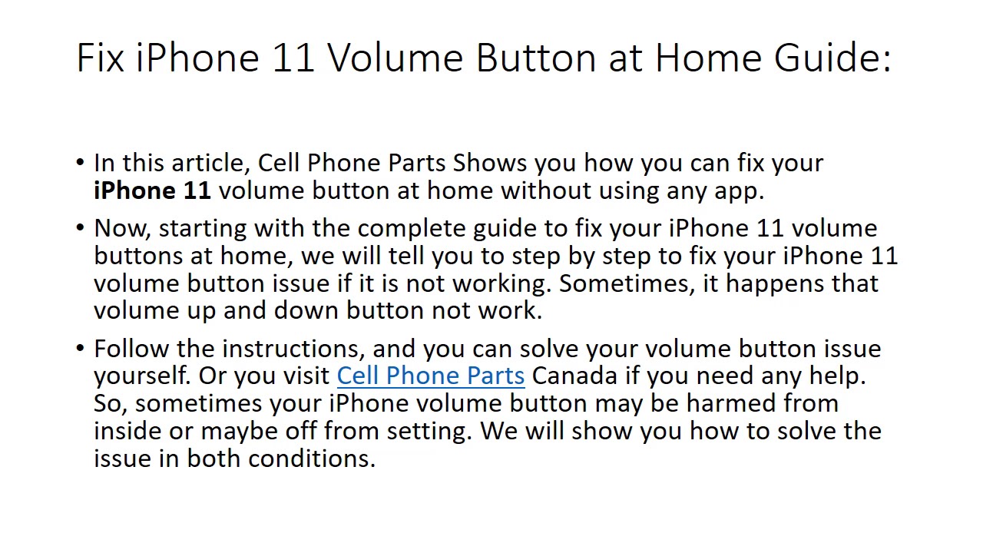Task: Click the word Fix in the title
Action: pos(100,58)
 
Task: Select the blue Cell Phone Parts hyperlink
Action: pos(430,376)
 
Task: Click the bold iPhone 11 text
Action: pos(152,190)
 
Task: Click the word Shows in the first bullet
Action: pos(490,163)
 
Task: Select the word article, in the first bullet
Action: pos(211,163)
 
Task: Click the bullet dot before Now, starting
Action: pos(81,228)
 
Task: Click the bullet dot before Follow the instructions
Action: pos(81,349)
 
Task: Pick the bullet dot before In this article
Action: pos(81,163)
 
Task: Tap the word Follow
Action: pos(131,349)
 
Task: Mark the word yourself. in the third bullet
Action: pos(142,376)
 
